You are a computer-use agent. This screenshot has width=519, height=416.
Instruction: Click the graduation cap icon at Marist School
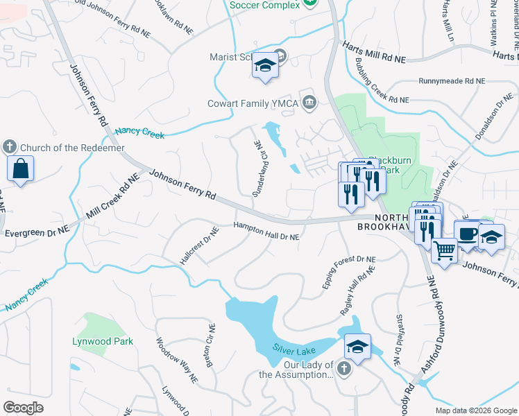[x=264, y=66]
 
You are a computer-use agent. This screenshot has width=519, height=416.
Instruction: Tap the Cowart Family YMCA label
[x=253, y=103]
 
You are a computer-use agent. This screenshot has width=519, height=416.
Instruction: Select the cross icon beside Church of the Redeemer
[x=9, y=147]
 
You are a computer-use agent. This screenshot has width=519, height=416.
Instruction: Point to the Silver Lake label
[x=294, y=350]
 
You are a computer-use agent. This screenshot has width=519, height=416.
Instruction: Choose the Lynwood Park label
[x=103, y=341]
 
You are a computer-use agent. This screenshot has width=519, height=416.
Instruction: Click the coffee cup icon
[x=467, y=233]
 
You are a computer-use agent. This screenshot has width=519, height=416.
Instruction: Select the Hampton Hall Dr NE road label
[x=266, y=232]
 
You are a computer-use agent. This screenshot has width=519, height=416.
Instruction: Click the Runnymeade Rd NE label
[x=451, y=81]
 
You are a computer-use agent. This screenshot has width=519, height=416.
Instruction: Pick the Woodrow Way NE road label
[x=177, y=361]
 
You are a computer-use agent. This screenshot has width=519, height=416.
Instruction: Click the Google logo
[x=23, y=408]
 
